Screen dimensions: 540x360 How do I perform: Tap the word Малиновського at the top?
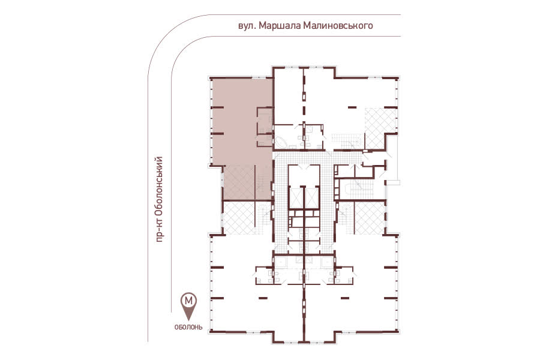click(x=338, y=26)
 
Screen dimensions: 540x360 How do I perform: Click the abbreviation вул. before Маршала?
click(x=247, y=26)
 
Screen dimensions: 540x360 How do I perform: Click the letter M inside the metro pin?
click(x=190, y=301)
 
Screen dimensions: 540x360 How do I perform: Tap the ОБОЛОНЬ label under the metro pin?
click(x=188, y=327)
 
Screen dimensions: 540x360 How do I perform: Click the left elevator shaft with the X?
click(x=296, y=198)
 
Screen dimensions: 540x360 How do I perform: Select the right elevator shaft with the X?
click(x=312, y=198)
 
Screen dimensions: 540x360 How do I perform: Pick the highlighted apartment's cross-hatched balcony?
click(x=239, y=182)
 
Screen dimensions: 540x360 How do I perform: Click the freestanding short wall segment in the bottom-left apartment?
click(x=263, y=297)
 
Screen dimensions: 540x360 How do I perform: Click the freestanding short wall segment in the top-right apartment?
click(x=352, y=107)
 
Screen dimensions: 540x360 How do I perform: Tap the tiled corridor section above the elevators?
click(x=303, y=158)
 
